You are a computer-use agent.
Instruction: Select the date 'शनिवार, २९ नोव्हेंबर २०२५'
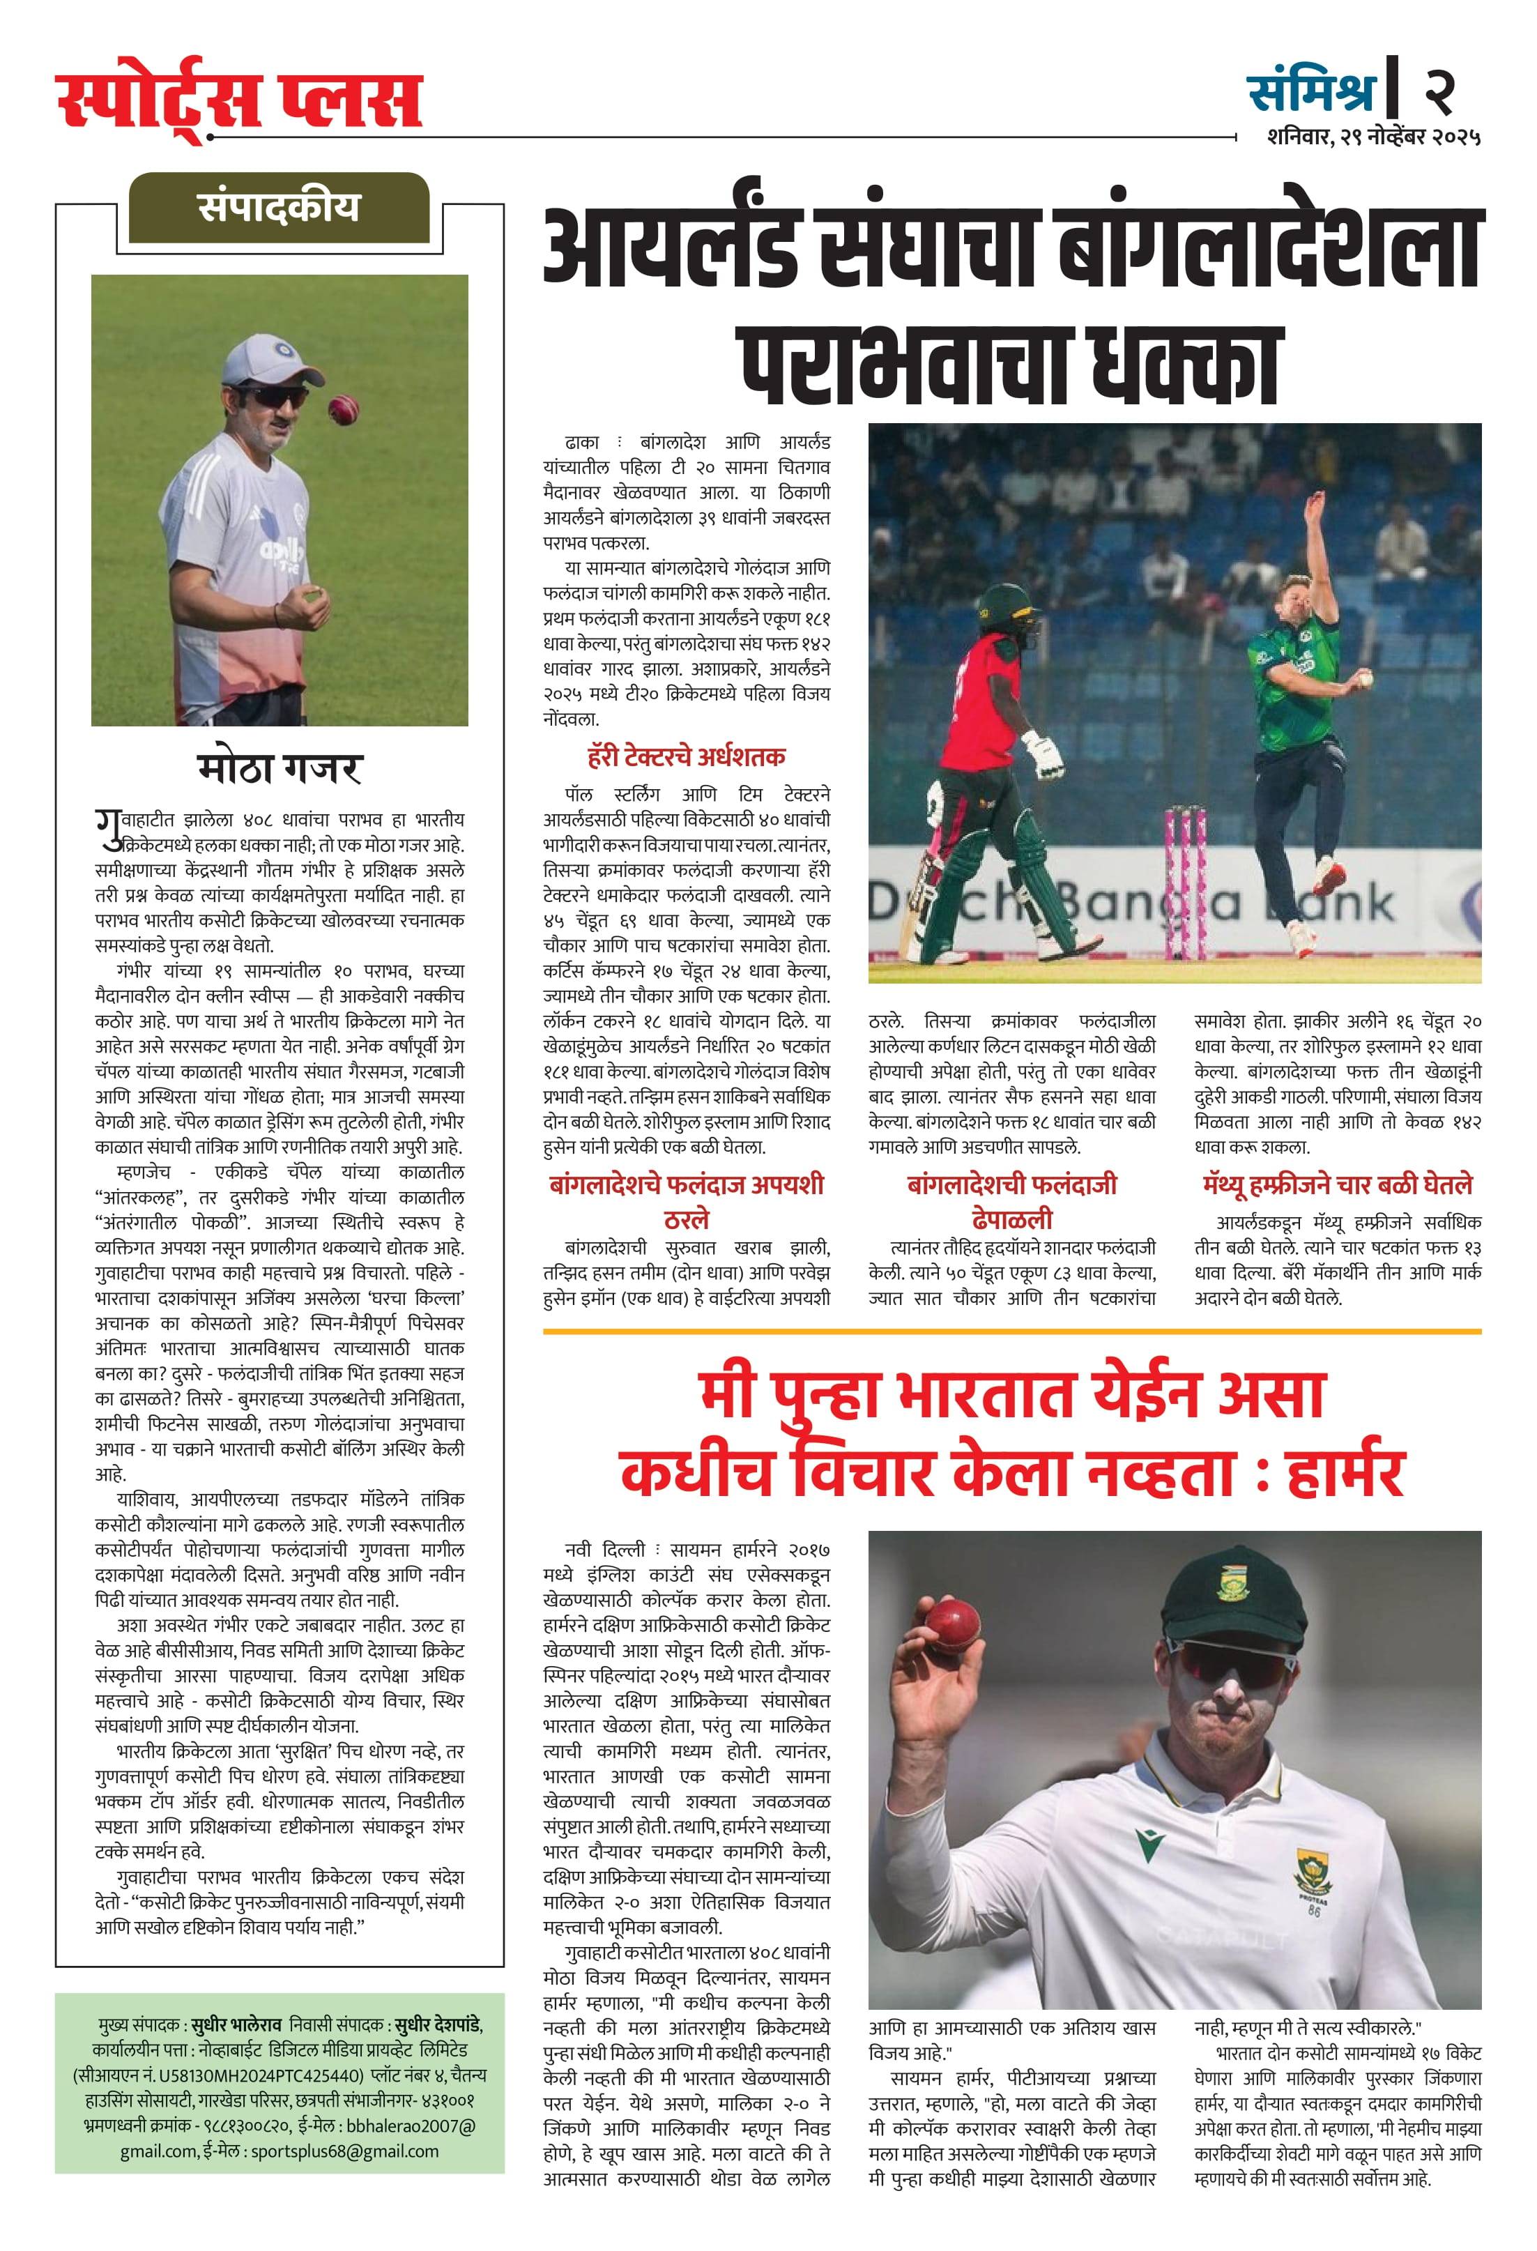coord(1372,137)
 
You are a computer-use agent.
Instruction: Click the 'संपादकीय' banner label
coord(279,207)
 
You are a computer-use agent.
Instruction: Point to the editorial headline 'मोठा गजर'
coord(279,768)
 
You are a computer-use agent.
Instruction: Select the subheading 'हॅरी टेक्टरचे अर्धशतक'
coord(686,756)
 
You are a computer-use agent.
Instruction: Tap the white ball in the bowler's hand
coord(1366,679)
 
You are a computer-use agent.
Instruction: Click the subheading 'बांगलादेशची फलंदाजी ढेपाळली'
coord(1011,1201)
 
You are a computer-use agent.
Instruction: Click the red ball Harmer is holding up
coord(952,1625)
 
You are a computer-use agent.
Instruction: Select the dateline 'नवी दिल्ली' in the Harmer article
coord(604,1550)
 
